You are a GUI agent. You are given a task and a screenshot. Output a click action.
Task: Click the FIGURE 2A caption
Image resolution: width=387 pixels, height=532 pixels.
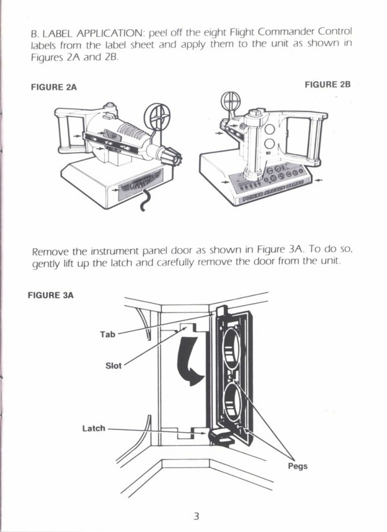click(x=54, y=87)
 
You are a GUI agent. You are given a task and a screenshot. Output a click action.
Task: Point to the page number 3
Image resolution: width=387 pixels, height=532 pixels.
click(x=196, y=515)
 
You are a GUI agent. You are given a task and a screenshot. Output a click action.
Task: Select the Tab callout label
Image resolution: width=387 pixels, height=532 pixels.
click(x=107, y=334)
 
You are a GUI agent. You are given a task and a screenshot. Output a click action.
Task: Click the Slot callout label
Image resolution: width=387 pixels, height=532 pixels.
click(x=113, y=366)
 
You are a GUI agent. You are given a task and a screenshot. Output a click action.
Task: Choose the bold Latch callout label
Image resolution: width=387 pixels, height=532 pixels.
click(x=94, y=428)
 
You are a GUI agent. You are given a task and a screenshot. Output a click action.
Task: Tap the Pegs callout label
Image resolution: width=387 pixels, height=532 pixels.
click(x=297, y=466)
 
